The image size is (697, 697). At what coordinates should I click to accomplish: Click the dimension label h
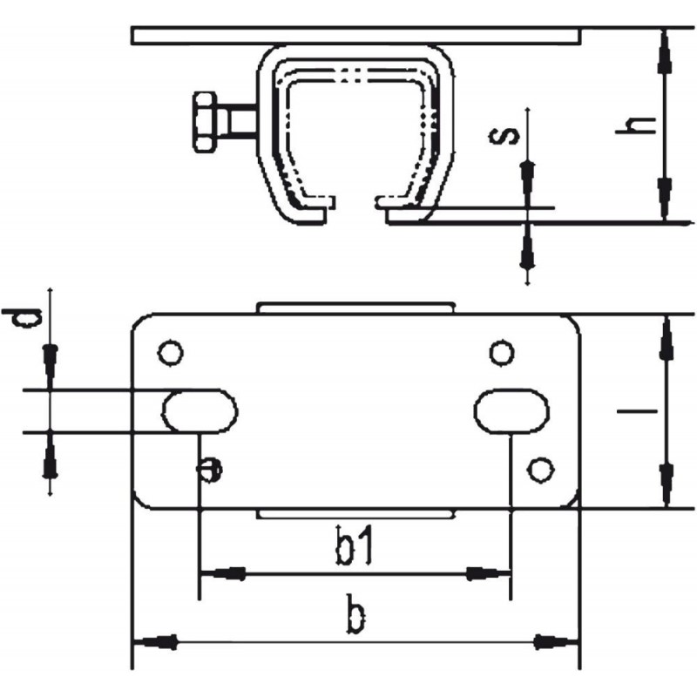(636, 125)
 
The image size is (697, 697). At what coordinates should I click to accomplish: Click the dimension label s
(504, 136)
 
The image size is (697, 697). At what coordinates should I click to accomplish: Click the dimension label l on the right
(637, 411)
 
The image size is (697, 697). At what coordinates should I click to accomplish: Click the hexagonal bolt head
(205, 122)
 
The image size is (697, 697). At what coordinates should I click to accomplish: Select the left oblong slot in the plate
(200, 410)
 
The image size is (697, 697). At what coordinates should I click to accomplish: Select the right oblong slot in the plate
(511, 410)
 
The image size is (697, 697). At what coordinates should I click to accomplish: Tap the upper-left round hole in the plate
(171, 354)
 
